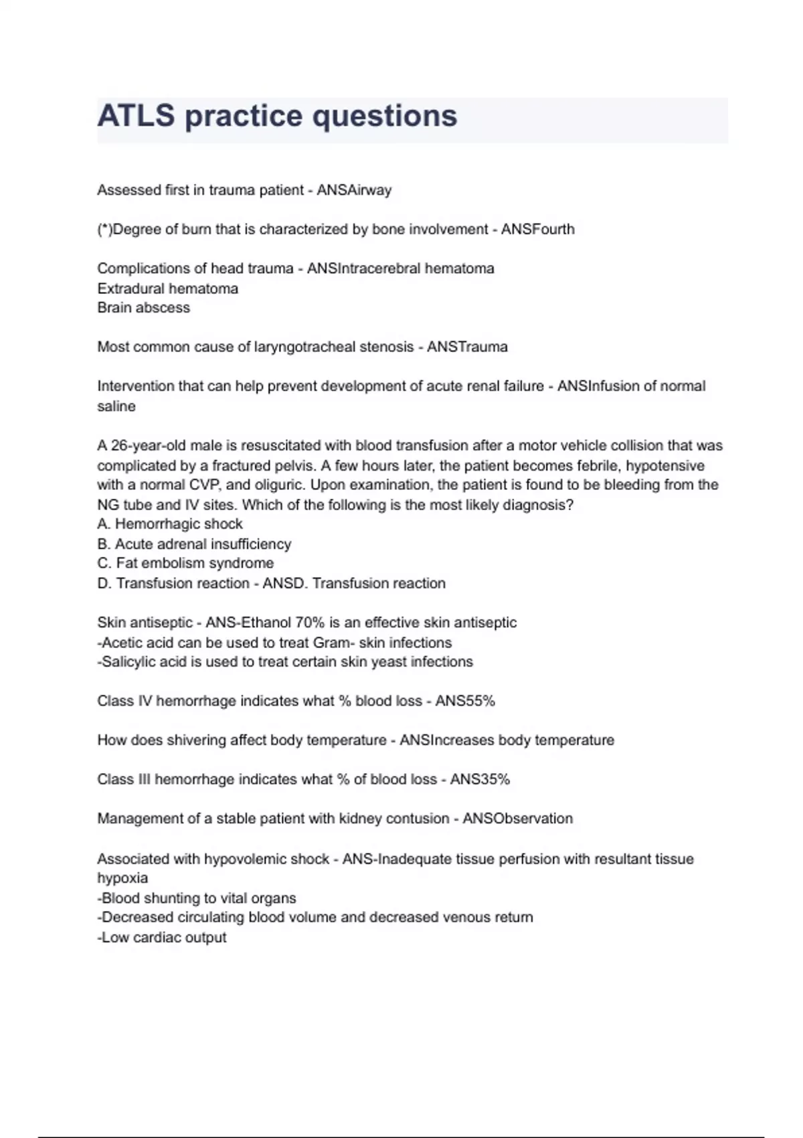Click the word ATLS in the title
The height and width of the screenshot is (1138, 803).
tap(136, 116)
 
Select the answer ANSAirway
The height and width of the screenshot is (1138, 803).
tap(354, 190)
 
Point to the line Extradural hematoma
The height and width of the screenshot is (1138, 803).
tap(167, 289)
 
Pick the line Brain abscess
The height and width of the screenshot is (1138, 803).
tap(143, 308)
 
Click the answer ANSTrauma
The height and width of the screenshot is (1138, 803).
tap(467, 347)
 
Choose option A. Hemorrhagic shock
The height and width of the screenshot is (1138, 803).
tap(169, 524)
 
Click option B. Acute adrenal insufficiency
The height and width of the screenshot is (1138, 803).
tap(194, 544)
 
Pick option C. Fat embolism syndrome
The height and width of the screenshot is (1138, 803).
tap(185, 564)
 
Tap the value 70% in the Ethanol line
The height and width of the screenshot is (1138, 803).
tap(309, 623)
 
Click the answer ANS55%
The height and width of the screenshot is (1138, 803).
tap(465, 701)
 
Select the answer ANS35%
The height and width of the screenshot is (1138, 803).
tap(480, 779)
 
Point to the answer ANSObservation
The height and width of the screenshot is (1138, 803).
tap(517, 819)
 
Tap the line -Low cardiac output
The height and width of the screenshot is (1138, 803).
tap(162, 938)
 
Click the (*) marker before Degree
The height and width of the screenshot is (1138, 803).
tap(104, 230)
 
